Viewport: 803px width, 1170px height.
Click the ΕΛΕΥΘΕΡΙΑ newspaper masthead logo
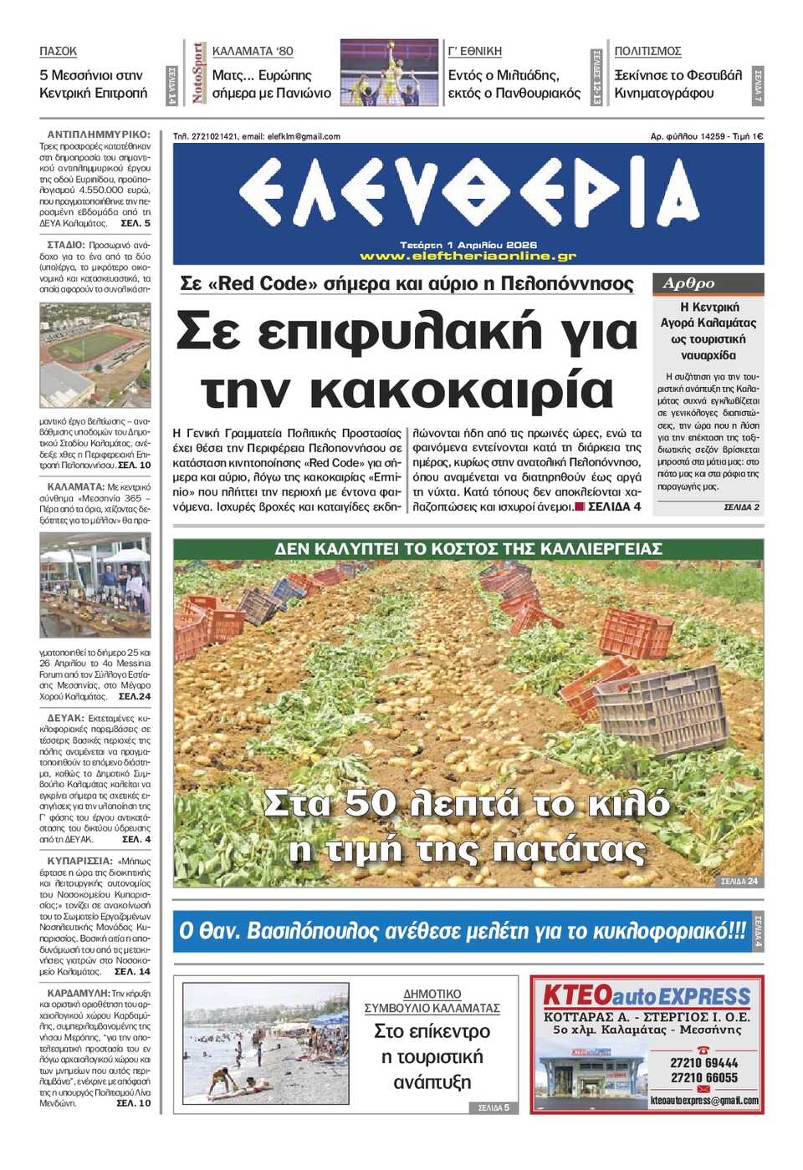click(468, 192)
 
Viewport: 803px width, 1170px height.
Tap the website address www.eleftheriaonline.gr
click(468, 257)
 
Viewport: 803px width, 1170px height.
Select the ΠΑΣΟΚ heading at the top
click(58, 51)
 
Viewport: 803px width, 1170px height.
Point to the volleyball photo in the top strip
click(389, 73)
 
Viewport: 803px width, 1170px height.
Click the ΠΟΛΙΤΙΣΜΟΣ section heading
click(647, 51)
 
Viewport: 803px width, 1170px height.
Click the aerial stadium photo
click(95, 355)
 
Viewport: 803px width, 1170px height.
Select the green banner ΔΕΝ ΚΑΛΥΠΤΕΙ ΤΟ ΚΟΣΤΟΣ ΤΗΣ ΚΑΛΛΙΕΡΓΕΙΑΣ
click(468, 549)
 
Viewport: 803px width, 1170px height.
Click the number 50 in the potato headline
click(369, 803)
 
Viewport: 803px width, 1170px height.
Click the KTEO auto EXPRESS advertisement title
click(647, 996)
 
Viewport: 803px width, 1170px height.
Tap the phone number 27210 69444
click(704, 1063)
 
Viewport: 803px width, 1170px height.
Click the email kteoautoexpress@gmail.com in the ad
click(704, 1101)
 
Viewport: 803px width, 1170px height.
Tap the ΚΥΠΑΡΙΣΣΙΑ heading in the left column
click(79, 861)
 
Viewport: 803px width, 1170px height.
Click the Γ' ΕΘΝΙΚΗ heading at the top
click(474, 51)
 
